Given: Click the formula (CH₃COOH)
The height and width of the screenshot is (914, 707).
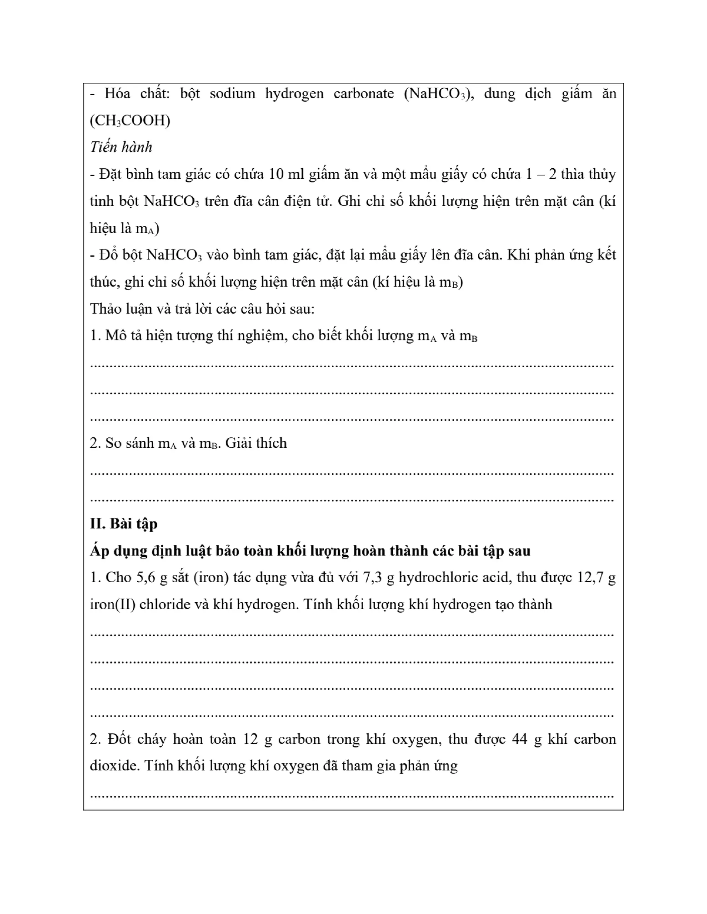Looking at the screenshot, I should point(130,120).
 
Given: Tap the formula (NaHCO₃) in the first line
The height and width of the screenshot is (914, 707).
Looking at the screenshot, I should point(438,94).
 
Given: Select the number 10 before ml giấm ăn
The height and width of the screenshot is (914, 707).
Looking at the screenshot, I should point(276,174).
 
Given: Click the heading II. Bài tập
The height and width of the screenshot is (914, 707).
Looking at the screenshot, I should point(124,524).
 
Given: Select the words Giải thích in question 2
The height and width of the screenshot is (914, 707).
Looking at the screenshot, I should point(256,443).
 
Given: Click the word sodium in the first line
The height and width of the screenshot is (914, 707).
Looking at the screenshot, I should point(232,94).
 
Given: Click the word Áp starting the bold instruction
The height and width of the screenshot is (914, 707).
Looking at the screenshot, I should point(99,551).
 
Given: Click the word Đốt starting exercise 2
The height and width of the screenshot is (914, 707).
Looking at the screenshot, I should point(119,739).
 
